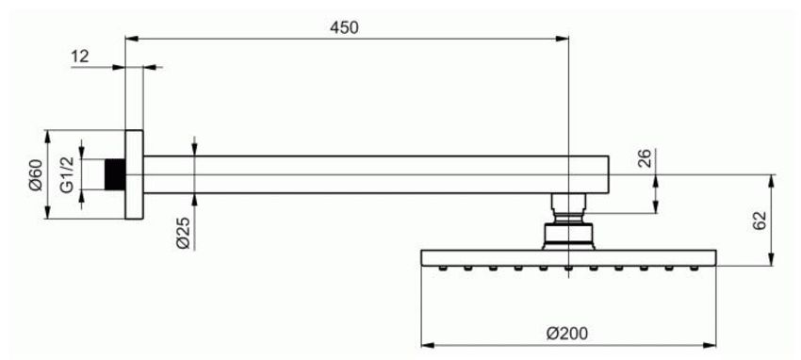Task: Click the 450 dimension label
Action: pyautogui.click(x=344, y=27)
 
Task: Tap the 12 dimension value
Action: pyautogui.click(x=80, y=57)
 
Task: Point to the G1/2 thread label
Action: pyautogui.click(x=67, y=174)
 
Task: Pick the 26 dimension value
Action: pyautogui.click(x=645, y=158)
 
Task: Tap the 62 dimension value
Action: pyautogui.click(x=760, y=221)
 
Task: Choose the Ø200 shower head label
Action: pyautogui.click(x=567, y=334)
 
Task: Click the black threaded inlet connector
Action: pyautogui.click(x=115, y=174)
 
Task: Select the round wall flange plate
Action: pyautogui.click(x=135, y=174)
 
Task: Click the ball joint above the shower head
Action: pyautogui.click(x=568, y=236)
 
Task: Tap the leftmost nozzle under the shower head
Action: pyautogui.click(x=443, y=268)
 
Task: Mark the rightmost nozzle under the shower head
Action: pyautogui.click(x=695, y=268)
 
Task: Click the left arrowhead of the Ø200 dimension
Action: pyautogui.click(x=428, y=345)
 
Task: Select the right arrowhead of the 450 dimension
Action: pyautogui.click(x=562, y=39)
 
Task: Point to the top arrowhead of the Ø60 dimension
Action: pyautogui.click(x=47, y=137)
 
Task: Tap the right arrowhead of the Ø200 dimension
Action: pyautogui.click(x=710, y=345)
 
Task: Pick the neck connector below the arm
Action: pyautogui.click(x=568, y=208)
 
